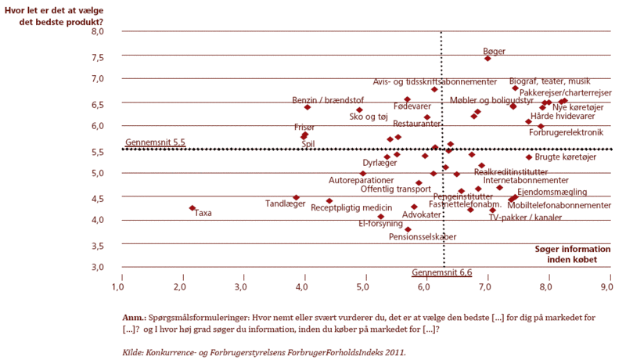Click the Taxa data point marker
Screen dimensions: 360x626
192,208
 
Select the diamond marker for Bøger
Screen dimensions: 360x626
487,58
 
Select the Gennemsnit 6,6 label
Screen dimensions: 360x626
443,272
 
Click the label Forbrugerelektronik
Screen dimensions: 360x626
567,131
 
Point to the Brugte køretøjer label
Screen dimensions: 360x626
566,157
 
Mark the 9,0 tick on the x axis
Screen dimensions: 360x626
606,287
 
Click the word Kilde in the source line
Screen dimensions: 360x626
135,352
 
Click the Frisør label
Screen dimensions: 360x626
304,126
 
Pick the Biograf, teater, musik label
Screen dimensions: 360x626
549,81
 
